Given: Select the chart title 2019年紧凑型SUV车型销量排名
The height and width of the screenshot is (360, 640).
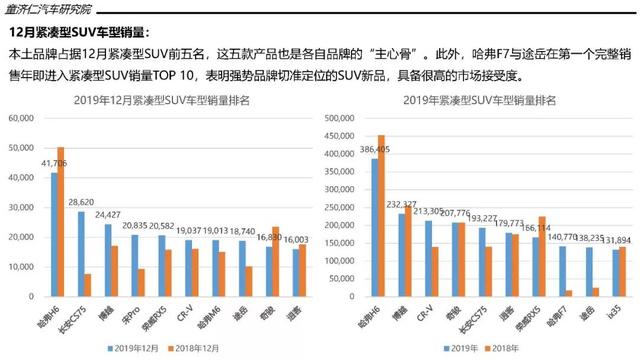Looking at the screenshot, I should click(477, 102).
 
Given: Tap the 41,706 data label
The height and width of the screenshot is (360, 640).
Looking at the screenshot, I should click(53, 163).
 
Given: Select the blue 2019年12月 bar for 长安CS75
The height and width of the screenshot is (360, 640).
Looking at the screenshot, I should click(80, 245).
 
